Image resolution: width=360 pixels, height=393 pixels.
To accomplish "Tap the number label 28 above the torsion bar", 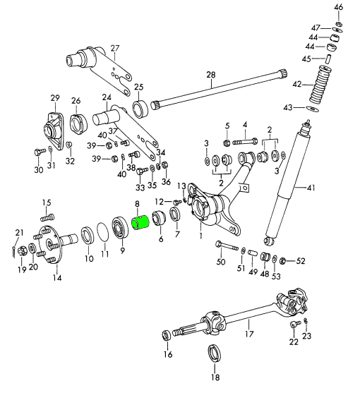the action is click(x=211, y=75).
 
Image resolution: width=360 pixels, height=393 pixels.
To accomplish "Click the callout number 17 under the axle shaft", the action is click(x=249, y=333).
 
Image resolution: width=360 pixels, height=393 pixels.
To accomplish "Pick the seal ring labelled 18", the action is click(x=215, y=353).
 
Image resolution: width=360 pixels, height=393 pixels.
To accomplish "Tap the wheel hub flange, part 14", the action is click(x=54, y=243).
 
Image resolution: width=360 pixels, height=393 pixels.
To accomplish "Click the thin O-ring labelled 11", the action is click(x=103, y=231).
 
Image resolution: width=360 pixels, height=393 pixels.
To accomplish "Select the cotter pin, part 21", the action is click(x=13, y=251).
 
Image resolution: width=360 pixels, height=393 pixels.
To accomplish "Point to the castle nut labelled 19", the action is click(x=23, y=250).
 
